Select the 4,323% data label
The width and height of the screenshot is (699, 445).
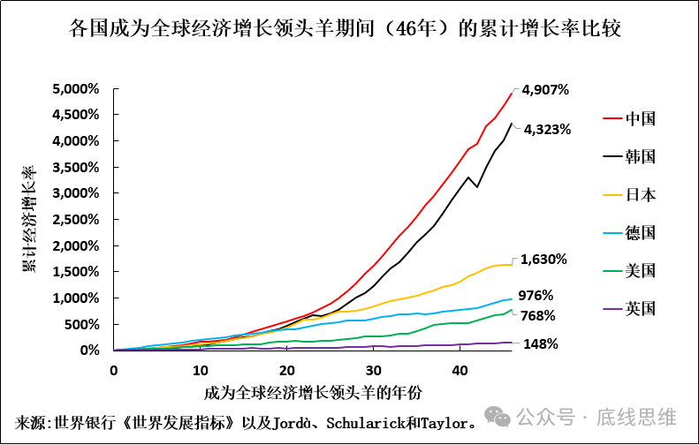pos(547,129)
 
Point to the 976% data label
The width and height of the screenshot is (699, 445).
pos(560,295)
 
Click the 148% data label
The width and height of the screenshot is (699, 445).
pos(541,344)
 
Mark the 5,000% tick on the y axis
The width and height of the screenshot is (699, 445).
pos(76,89)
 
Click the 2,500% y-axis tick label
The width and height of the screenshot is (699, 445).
pos(76,220)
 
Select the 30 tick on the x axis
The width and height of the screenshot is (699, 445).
pos(373,369)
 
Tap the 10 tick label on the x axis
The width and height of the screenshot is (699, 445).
pos(200,369)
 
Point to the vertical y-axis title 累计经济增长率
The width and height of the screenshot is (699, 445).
pos(30,218)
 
